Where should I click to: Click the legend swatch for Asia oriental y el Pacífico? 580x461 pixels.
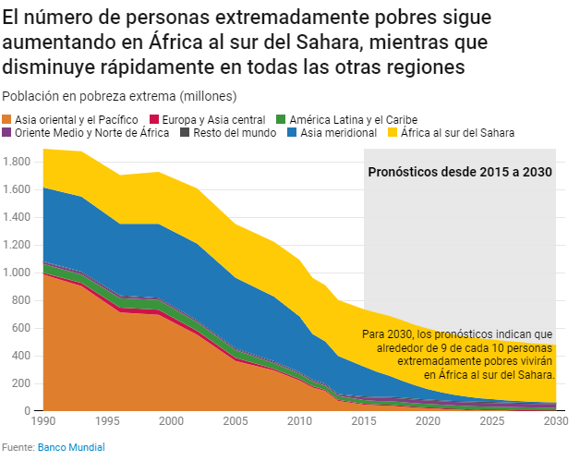point(8,120)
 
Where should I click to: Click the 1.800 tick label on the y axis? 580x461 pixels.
point(18,162)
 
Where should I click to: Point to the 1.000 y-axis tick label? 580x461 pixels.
point(18,273)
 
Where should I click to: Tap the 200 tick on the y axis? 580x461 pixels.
point(23,383)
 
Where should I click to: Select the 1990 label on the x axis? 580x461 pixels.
point(42,422)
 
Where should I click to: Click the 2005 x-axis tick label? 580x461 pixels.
point(236,422)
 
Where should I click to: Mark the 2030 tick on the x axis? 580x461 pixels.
point(555,422)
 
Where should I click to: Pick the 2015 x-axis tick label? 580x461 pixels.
point(364,422)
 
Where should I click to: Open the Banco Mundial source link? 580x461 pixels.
point(71,447)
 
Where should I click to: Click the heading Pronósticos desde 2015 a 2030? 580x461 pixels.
point(460,172)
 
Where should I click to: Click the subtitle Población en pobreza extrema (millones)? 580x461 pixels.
point(120,96)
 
